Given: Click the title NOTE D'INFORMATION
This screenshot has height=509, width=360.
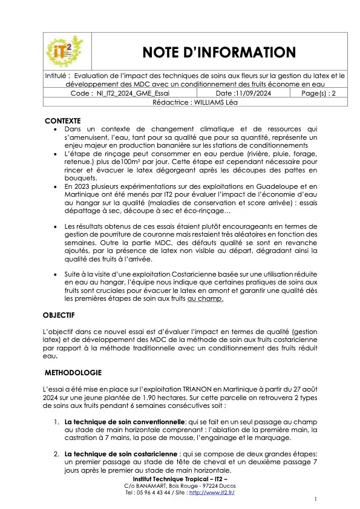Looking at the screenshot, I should [x=218, y=52].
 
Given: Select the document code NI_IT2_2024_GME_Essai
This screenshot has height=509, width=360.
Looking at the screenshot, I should [x=133, y=94].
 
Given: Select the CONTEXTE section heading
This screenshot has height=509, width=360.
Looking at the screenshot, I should [x=63, y=120].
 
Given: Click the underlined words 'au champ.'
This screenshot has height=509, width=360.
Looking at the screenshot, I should [x=206, y=298].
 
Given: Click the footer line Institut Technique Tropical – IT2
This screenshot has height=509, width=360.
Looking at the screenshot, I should [x=180, y=479].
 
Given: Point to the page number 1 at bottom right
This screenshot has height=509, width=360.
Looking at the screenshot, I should [x=316, y=499].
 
